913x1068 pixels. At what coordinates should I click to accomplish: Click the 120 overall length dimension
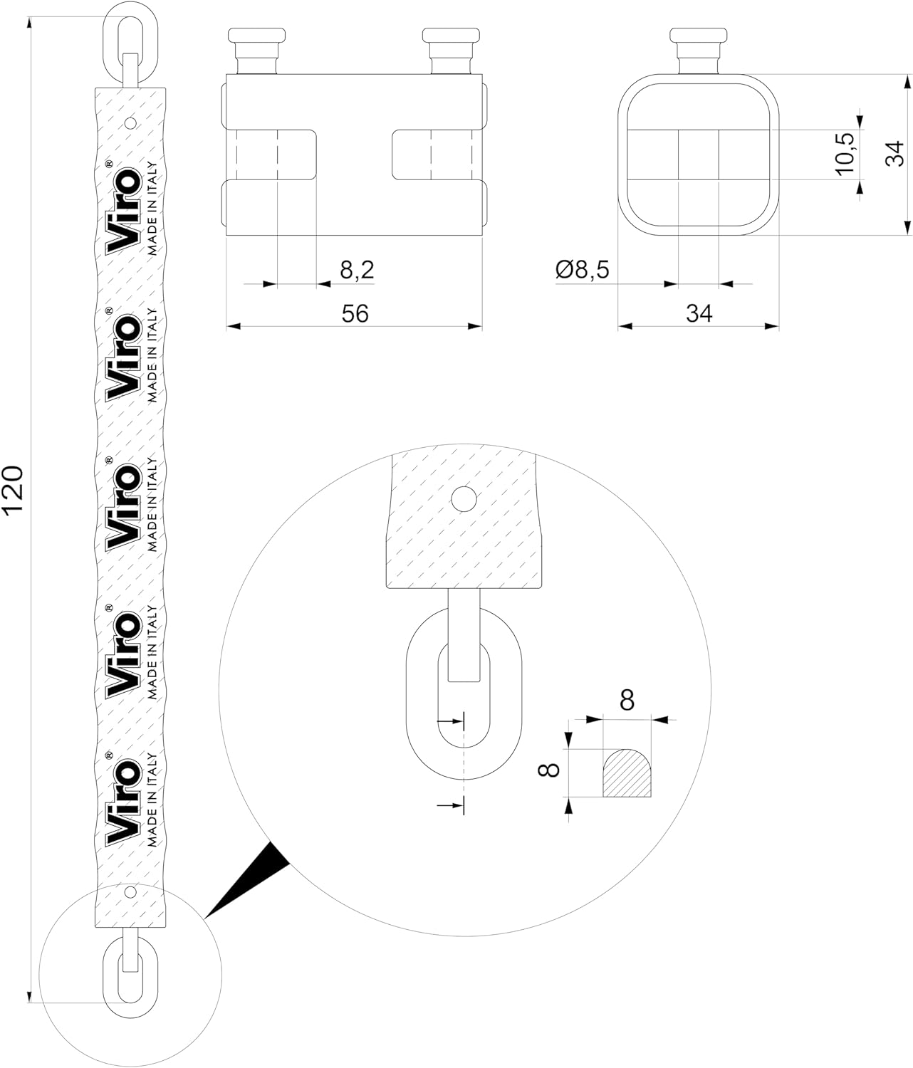(13, 489)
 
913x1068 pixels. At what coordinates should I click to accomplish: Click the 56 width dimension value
(355, 313)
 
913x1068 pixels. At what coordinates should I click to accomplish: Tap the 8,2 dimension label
(357, 270)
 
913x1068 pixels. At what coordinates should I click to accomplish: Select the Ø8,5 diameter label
(583, 270)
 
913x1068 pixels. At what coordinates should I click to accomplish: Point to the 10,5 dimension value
(845, 154)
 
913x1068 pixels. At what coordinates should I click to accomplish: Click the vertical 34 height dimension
(895, 154)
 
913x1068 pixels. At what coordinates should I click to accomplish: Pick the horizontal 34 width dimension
(699, 313)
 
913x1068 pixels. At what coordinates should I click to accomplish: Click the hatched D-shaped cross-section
(627, 773)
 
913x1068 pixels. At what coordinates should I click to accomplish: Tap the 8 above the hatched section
(627, 700)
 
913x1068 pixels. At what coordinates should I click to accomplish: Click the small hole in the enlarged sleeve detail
(464, 499)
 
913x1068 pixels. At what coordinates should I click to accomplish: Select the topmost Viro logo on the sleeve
(122, 211)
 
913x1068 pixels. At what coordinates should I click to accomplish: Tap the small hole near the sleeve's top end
(131, 123)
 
